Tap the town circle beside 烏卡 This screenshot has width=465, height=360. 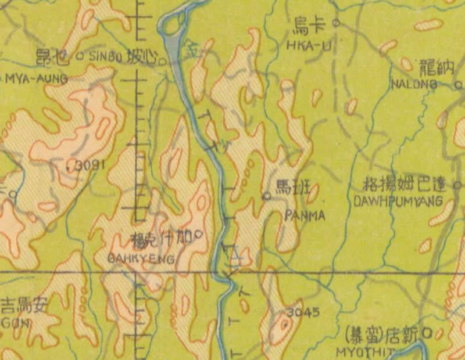[x=335, y=24]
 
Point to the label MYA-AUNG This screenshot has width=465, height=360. [x=36, y=78]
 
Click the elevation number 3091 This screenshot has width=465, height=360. [x=88, y=165]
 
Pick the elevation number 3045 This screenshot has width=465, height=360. [x=303, y=312]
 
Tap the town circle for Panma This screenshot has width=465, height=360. [x=267, y=196]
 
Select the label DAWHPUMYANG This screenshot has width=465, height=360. [x=398, y=200]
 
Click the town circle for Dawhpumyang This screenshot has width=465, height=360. [x=457, y=185]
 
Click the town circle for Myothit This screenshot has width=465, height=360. [x=430, y=333]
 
